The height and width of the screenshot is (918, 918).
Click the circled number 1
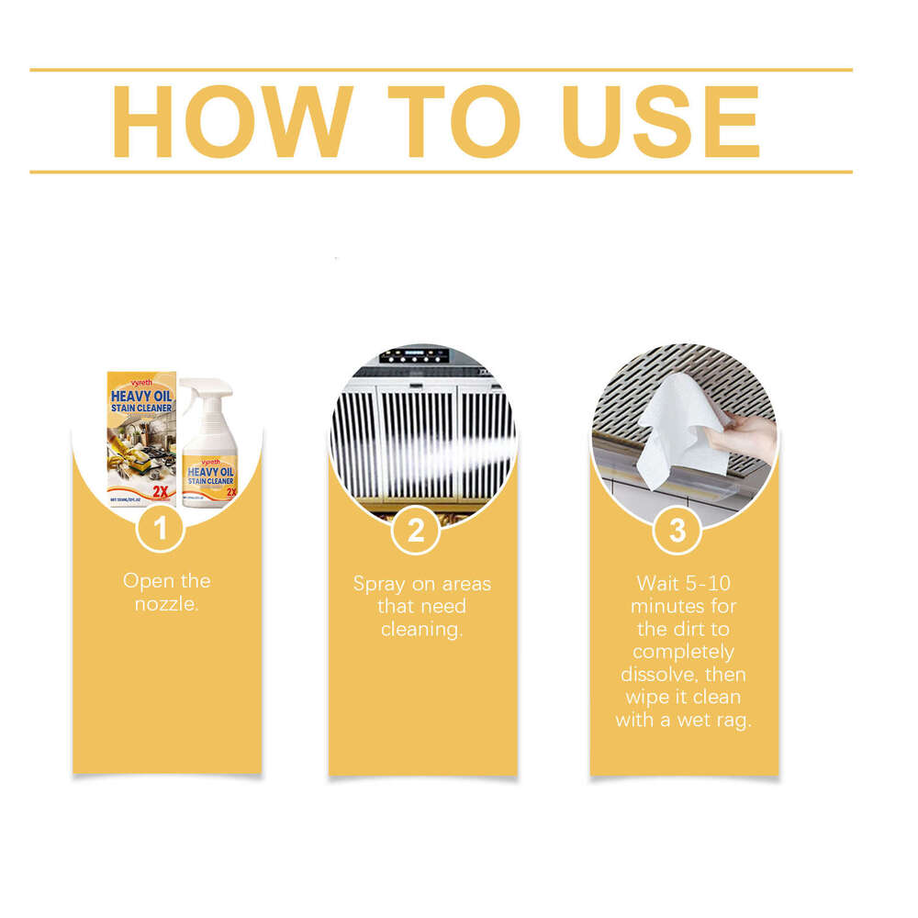point(161,530)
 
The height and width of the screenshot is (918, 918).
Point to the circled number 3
point(677,532)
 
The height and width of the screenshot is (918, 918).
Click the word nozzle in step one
point(165,604)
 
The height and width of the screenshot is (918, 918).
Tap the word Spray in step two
point(378,584)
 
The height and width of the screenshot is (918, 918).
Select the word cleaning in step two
point(421,629)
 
